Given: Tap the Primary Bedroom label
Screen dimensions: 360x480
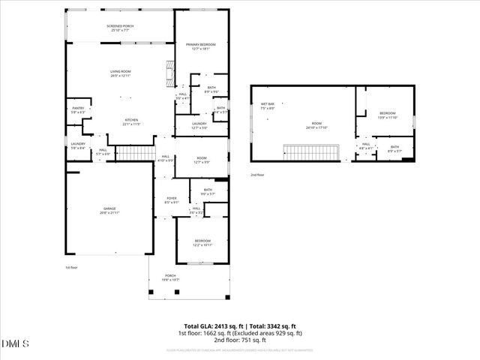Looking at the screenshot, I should pyautogui.click(x=200, y=46).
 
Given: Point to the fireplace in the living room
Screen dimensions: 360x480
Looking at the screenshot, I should pyautogui.click(x=169, y=73).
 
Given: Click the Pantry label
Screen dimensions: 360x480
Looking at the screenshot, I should pyautogui.click(x=78, y=109).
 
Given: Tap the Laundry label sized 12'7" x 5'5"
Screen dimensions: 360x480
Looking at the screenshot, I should pyautogui.click(x=199, y=125).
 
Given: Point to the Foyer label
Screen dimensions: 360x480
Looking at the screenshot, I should pyautogui.click(x=171, y=200).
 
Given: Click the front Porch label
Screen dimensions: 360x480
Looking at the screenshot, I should pyautogui.click(x=170, y=278).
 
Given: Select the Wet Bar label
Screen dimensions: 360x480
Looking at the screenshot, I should pyautogui.click(x=267, y=106).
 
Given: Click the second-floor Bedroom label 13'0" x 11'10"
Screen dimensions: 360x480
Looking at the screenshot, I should pyautogui.click(x=386, y=115).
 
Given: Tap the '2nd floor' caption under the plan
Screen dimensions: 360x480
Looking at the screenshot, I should pyautogui.click(x=257, y=175).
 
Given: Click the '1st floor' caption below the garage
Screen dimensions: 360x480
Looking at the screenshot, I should pyautogui.click(x=72, y=267).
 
